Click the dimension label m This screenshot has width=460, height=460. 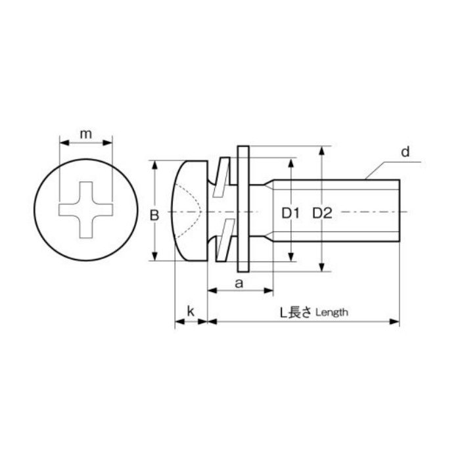(85, 134)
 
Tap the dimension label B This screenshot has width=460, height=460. (154, 215)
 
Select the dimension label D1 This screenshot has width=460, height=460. (290, 214)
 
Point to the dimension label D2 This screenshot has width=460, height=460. (322, 214)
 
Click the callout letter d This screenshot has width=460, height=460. (405, 152)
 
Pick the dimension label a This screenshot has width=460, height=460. (239, 283)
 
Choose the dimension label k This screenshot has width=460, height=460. (191, 311)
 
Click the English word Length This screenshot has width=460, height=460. (332, 312)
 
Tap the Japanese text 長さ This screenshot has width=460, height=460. (300, 312)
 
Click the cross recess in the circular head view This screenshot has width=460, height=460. (86, 210)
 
